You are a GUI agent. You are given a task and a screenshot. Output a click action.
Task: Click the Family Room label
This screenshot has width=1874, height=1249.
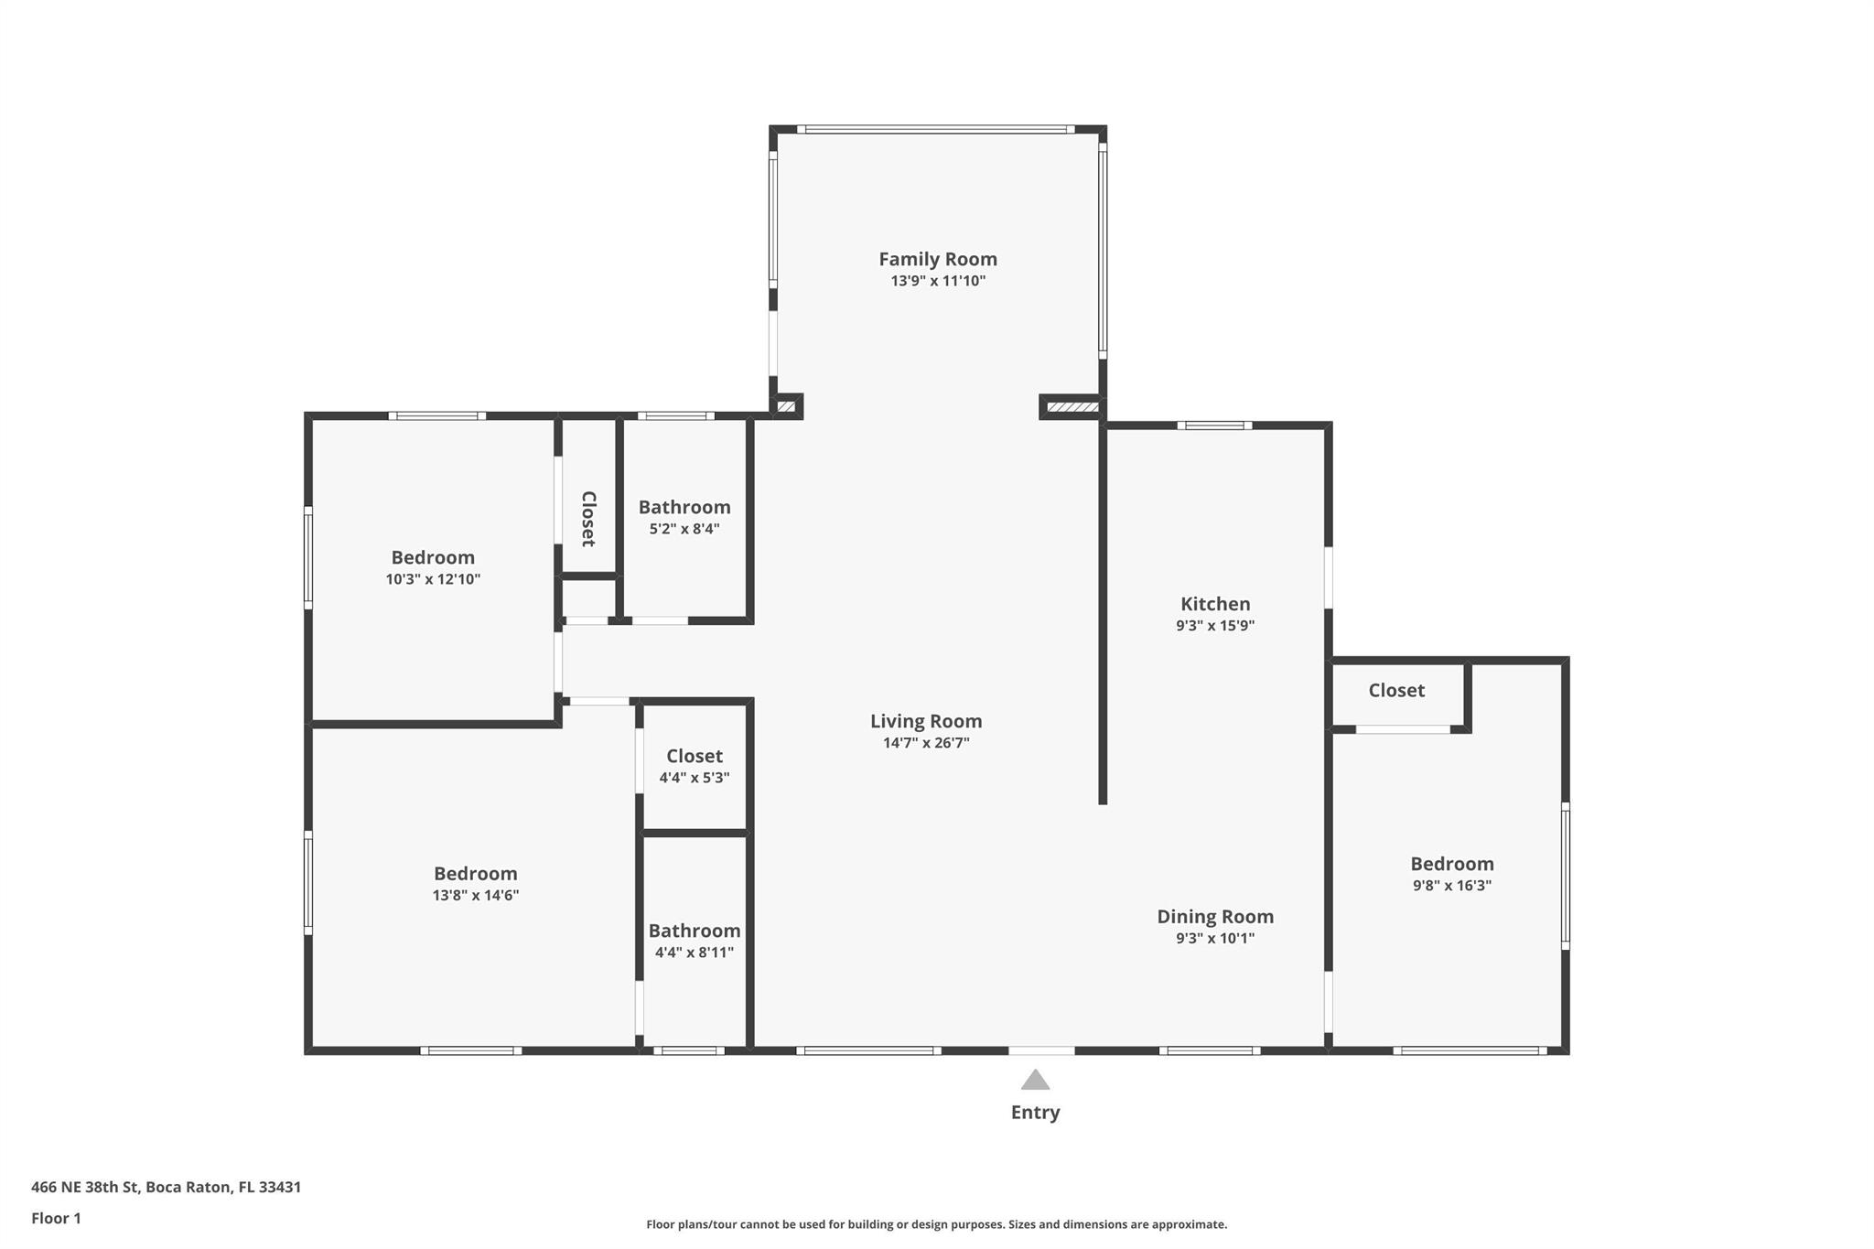938,259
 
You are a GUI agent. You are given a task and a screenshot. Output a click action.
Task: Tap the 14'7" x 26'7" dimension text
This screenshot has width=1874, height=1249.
926,743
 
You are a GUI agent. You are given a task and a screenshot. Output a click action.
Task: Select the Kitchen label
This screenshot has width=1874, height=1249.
1215,604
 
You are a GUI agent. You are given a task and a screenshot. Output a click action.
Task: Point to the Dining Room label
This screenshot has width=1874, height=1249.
1215,917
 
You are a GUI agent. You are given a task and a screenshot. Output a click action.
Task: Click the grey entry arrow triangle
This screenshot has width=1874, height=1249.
1035,1081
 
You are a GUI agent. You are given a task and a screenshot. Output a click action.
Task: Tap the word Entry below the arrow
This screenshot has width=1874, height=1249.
1035,1113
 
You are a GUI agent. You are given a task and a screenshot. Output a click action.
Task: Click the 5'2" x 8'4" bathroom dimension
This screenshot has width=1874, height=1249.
684,529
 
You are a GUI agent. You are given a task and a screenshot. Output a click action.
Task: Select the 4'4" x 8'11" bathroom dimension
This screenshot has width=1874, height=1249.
695,953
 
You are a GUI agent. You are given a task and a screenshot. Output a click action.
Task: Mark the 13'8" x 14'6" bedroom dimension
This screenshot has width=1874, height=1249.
476,896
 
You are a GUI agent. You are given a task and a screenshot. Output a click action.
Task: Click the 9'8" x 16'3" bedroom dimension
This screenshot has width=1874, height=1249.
1452,886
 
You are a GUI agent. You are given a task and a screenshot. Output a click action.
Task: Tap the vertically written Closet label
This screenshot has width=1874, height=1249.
588,519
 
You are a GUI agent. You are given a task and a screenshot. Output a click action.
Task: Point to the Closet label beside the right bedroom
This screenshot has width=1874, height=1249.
1396,691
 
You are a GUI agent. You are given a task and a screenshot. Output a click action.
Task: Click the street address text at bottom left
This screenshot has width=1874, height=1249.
166,1188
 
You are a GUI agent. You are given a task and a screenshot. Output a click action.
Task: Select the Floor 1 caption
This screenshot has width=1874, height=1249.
56,1219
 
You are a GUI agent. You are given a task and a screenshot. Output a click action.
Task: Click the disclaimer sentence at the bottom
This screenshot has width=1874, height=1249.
937,1224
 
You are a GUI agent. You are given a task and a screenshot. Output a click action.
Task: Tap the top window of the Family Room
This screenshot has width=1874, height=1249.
935,129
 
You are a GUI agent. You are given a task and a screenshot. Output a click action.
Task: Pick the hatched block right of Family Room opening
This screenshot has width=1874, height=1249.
1072,407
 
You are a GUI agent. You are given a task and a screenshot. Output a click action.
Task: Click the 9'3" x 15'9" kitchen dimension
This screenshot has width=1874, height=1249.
1215,626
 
